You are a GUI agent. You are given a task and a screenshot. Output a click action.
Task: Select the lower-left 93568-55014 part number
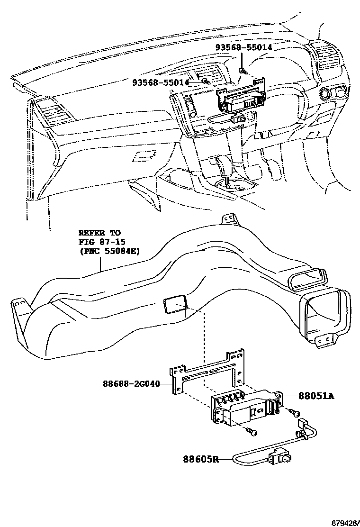[x=160, y=82]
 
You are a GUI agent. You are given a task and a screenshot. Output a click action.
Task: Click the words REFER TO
[x=99, y=233]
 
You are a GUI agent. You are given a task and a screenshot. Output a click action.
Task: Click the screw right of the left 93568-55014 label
[x=205, y=82]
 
